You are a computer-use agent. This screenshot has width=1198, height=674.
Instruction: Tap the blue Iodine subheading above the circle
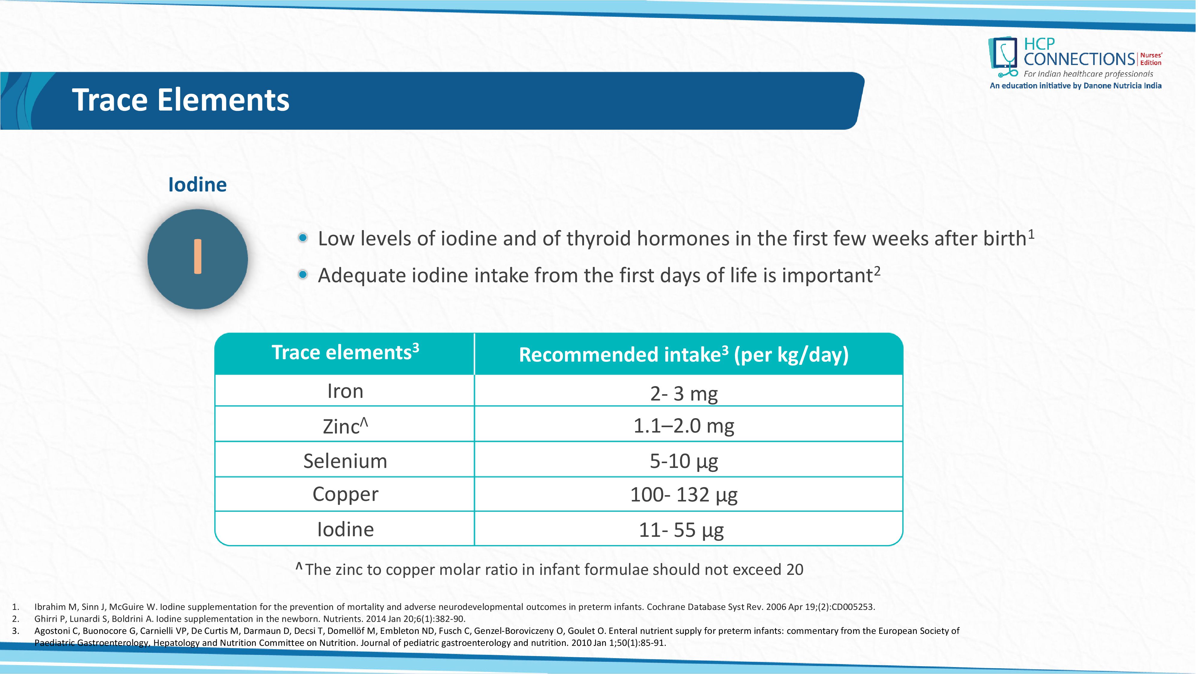(x=197, y=185)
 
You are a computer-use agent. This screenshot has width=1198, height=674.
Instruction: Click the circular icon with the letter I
(x=198, y=259)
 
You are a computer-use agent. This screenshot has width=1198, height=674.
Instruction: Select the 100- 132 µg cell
(x=684, y=495)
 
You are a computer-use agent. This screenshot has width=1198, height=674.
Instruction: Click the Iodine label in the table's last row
(x=345, y=529)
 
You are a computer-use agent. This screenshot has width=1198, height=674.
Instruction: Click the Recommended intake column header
(x=684, y=354)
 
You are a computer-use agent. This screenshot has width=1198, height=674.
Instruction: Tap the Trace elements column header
(x=345, y=352)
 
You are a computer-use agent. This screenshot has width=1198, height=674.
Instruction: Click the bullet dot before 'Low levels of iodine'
(x=303, y=238)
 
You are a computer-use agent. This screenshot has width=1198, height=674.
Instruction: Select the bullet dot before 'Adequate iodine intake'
(x=303, y=275)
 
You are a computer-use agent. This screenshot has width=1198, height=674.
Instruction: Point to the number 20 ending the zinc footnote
(x=795, y=570)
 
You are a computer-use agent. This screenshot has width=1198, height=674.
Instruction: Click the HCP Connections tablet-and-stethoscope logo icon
(x=1004, y=57)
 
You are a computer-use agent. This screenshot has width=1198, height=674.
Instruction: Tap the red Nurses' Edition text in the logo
(x=1151, y=59)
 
